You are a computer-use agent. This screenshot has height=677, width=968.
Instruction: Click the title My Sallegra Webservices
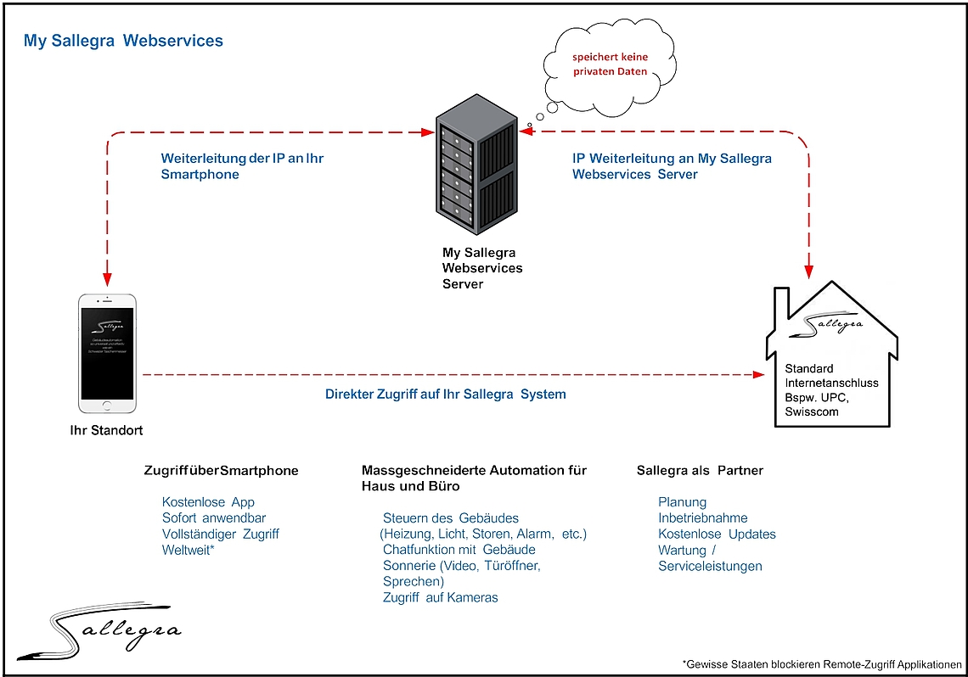[x=123, y=41]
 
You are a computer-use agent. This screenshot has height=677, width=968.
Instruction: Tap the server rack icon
[x=476, y=173]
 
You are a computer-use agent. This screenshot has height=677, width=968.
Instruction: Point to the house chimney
[x=780, y=306]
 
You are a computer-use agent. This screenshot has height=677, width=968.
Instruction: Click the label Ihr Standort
[x=106, y=430]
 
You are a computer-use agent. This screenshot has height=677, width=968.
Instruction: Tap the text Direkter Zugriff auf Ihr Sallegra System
[x=445, y=394]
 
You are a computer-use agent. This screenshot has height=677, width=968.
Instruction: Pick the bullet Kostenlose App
[x=208, y=502]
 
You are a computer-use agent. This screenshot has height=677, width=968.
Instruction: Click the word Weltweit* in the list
[x=188, y=550]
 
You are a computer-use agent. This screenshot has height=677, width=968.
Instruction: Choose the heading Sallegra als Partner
[x=700, y=471]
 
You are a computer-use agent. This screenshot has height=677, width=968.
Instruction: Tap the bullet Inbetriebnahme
[x=702, y=518]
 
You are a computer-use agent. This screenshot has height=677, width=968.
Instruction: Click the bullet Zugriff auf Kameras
[x=440, y=597]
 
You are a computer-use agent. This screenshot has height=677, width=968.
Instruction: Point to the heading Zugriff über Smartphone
[x=222, y=471]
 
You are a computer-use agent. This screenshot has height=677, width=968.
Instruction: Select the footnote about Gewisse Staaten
[x=821, y=664]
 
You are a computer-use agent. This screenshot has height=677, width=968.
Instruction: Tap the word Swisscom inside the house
[x=812, y=411]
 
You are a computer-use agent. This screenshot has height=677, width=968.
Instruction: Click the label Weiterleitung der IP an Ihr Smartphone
[x=242, y=166]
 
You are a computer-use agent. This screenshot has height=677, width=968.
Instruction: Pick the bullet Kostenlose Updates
[x=717, y=534]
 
